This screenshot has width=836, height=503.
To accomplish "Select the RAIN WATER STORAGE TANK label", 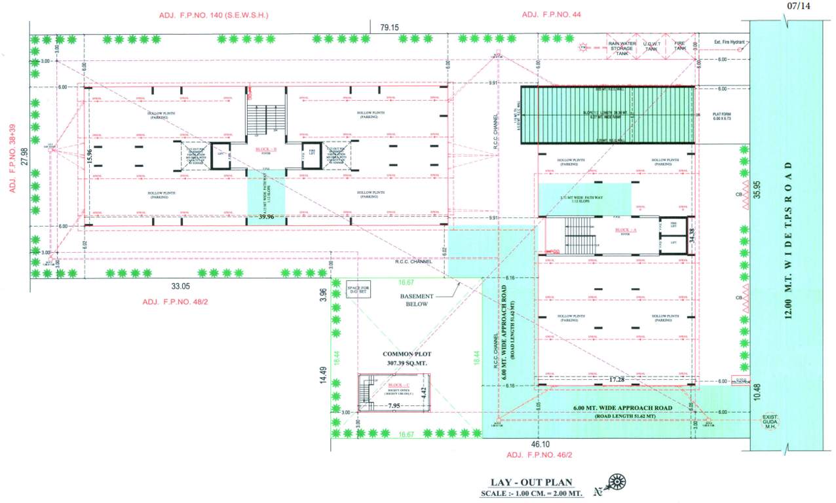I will (622, 48).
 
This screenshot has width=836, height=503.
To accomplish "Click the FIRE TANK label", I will (679, 46).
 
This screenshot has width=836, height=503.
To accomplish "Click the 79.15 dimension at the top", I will (389, 28).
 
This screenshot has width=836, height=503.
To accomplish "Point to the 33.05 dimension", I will (181, 286).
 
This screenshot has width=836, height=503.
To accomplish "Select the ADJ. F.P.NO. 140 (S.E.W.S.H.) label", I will (214, 14).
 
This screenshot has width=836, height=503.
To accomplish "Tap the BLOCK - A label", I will (626, 231).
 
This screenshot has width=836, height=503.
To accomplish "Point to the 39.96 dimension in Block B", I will (266, 217).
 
